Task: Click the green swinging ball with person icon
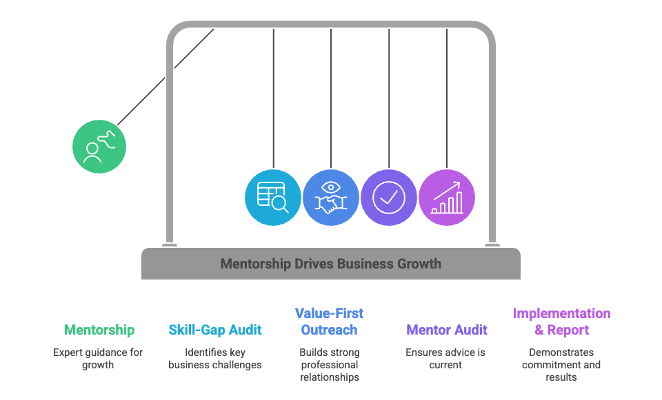99,146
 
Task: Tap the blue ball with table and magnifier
273,197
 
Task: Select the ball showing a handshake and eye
331,197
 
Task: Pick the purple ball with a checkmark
389,197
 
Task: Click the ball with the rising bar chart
447,197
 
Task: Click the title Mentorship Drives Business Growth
331,264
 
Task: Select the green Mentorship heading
99,330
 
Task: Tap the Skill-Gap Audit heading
215,330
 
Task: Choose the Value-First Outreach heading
329,322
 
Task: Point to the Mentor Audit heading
447,330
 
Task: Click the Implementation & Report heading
561,322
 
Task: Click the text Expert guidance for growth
98,358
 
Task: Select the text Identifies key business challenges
215,358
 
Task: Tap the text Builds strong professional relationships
329,364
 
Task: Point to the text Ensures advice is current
445,358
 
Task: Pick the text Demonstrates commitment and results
561,364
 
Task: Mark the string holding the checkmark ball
389,96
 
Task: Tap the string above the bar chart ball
447,96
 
